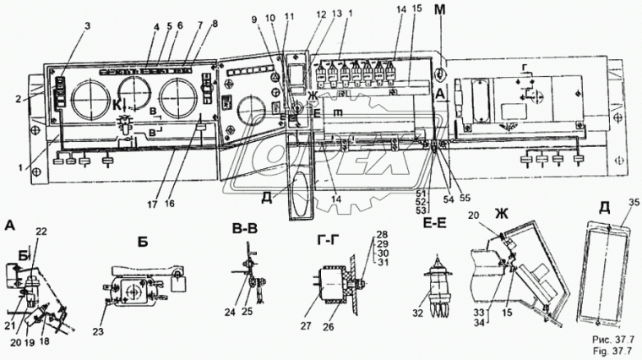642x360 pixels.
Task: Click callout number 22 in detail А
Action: (41, 232)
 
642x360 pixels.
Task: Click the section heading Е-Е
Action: (438, 227)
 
